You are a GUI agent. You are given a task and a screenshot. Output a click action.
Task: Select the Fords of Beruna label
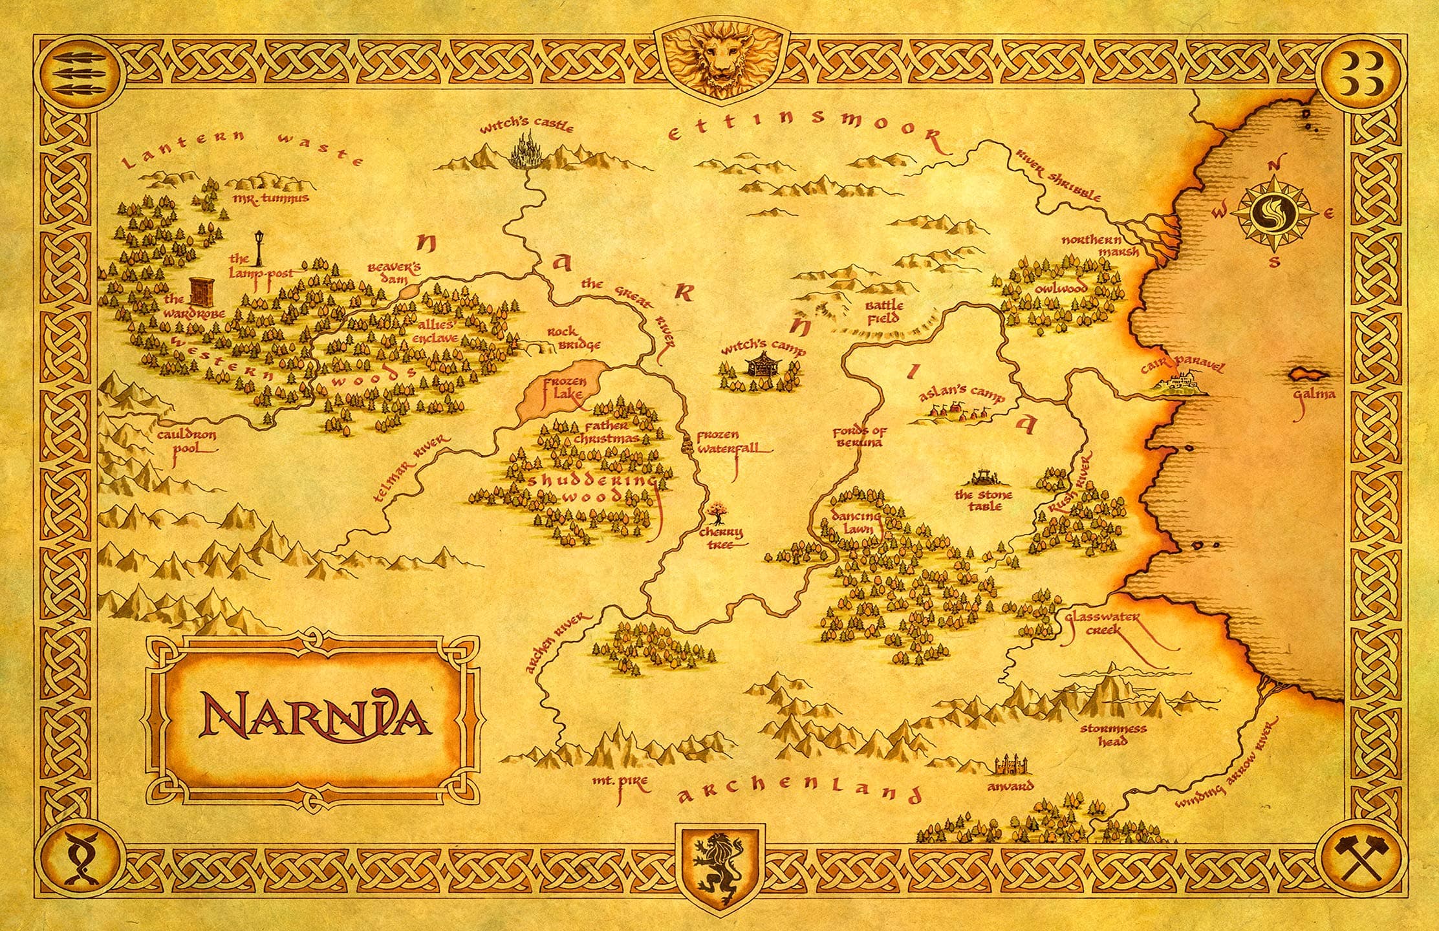859,437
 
